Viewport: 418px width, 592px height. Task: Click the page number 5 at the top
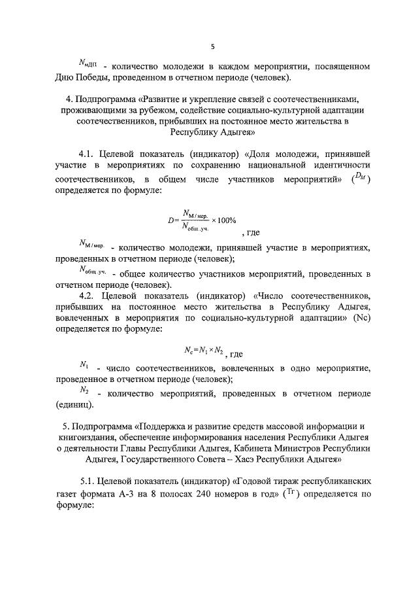(213, 46)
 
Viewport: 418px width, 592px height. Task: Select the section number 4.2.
(88, 296)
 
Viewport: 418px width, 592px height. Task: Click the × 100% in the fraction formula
(223, 220)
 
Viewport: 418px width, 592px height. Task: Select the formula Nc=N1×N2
(204, 351)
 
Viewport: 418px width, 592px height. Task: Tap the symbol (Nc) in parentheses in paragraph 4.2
(361, 319)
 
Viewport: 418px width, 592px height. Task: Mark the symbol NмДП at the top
(88, 65)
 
